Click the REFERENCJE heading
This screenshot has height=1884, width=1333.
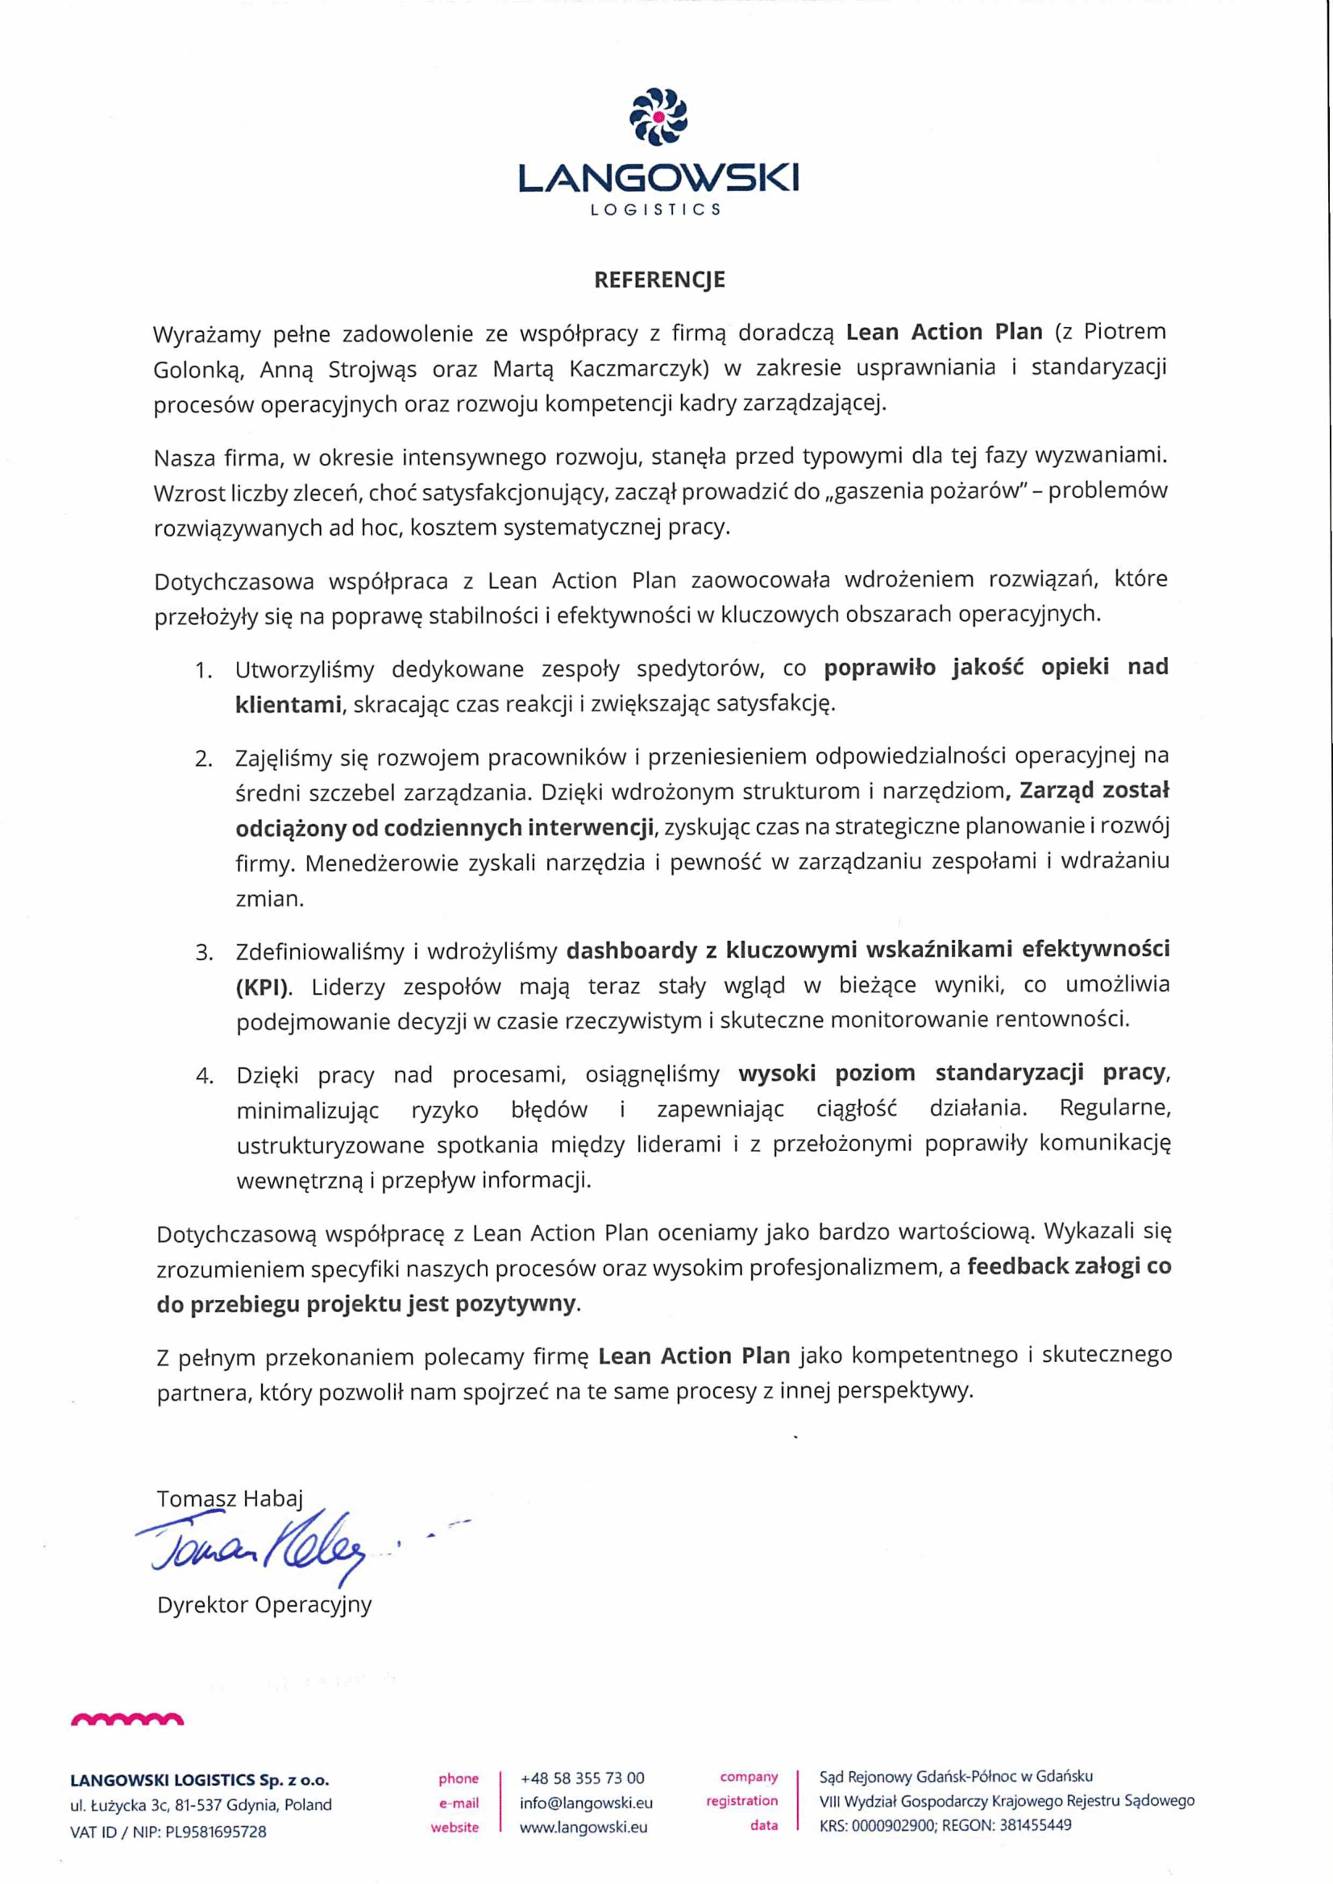pos(659,279)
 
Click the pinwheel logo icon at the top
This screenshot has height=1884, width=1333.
pos(658,117)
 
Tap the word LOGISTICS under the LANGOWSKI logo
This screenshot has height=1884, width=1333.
pos(656,209)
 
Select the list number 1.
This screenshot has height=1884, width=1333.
pos(204,670)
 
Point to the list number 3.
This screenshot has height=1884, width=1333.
pos(204,952)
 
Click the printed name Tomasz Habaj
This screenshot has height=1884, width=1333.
pos(230,1499)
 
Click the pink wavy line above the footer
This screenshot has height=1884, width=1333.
pos(127,1720)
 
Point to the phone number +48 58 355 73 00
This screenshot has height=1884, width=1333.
pos(582,1778)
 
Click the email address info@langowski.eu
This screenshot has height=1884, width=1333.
pos(586,1803)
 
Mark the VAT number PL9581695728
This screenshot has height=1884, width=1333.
pos(216,1832)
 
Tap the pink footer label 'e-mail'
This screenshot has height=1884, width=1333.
pos(459,1803)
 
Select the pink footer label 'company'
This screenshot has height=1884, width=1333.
pos(749,1777)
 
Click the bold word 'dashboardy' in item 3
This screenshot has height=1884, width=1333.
pos(631,950)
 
